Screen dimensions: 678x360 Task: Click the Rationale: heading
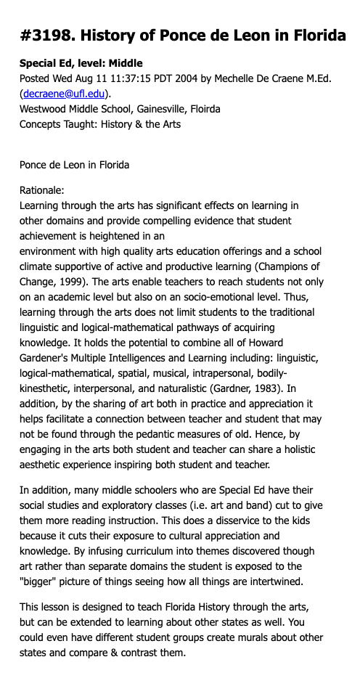point(42,191)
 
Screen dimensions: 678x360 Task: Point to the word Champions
point(285,266)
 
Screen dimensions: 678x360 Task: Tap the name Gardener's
point(47,358)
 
